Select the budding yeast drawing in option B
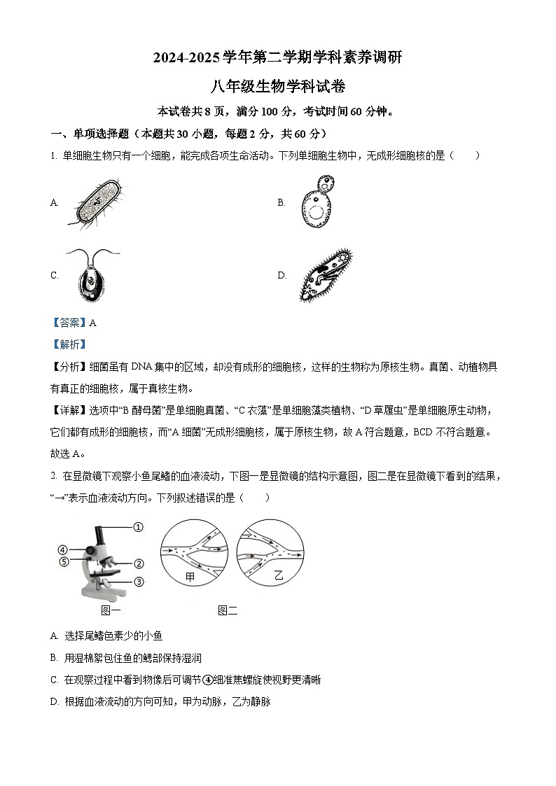(x=315, y=202)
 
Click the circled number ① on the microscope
(x=138, y=527)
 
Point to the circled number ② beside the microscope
(x=139, y=563)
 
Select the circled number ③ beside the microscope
(x=139, y=581)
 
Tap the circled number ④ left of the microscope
(x=62, y=549)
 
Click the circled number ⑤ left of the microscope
(x=62, y=561)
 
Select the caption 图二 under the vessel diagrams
(x=228, y=610)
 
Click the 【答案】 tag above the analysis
(x=68, y=323)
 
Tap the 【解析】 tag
(x=68, y=344)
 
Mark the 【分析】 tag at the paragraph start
(x=69, y=367)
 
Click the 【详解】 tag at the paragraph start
(x=69, y=410)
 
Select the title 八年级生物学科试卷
(x=278, y=87)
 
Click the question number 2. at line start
(x=54, y=476)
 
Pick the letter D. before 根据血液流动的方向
(x=55, y=701)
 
